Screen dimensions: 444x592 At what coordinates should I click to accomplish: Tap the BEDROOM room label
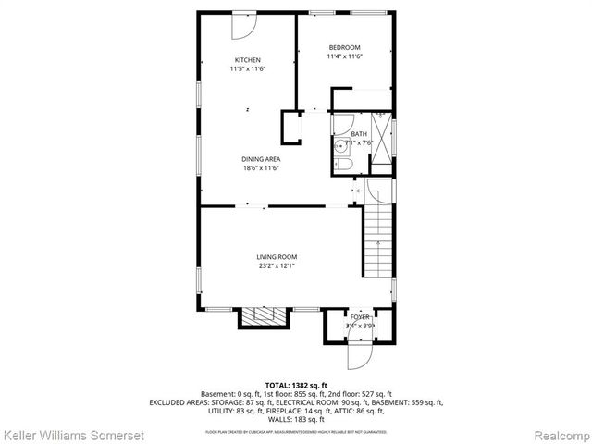point(344,47)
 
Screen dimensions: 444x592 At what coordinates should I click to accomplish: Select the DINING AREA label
point(262,159)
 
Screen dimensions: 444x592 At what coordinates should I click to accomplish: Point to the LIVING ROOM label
point(277,257)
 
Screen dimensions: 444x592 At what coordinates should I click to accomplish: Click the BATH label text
point(358,134)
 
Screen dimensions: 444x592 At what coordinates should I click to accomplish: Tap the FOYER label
point(359,317)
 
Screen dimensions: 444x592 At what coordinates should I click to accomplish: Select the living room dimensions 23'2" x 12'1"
point(277,266)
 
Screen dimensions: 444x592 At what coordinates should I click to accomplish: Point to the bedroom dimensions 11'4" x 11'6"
point(344,56)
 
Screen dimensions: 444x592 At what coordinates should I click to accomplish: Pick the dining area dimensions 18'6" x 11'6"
point(262,168)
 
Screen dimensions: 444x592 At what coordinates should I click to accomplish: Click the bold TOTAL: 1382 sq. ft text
point(296,385)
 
